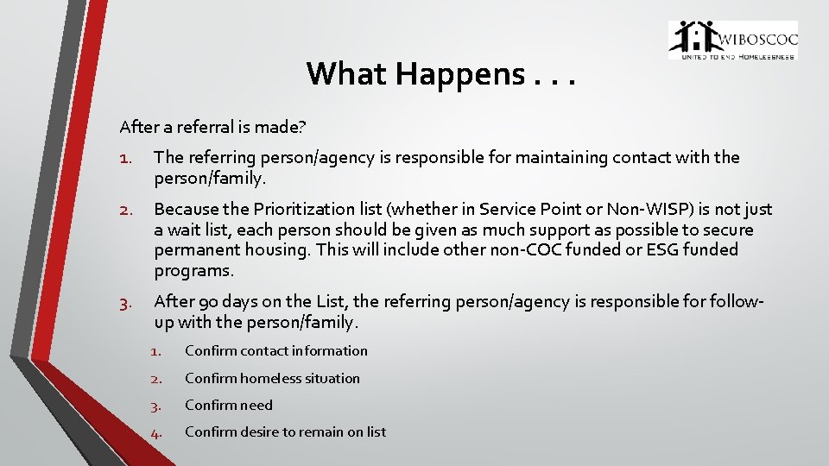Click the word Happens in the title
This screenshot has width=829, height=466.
click(459, 75)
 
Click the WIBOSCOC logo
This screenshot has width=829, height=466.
click(732, 41)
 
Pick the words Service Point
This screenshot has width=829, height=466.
click(524, 209)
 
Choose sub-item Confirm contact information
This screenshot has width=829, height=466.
click(275, 351)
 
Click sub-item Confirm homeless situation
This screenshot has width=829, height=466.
click(272, 378)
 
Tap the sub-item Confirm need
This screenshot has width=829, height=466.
click(228, 405)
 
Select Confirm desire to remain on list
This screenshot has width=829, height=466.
click(285, 431)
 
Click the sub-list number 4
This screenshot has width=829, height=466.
click(155, 432)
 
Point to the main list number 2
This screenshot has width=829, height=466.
click(125, 210)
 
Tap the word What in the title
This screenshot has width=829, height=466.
click(347, 75)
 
